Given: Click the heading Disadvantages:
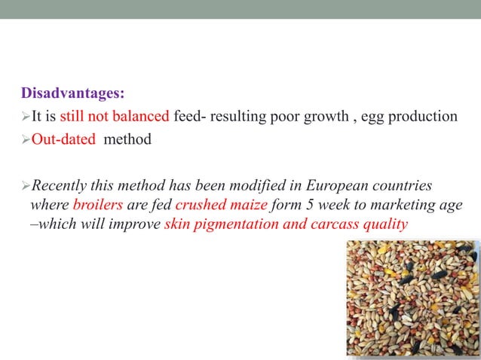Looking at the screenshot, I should coord(72,94).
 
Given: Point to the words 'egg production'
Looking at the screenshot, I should coord(410,116).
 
